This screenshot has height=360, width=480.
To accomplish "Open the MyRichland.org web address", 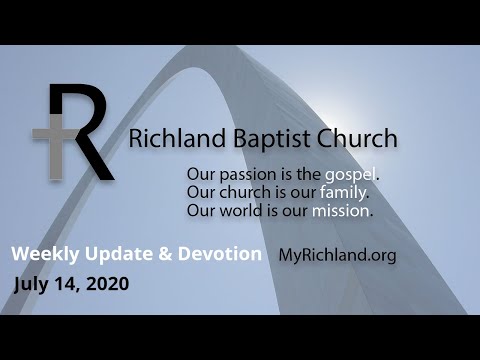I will (x=337, y=255).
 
